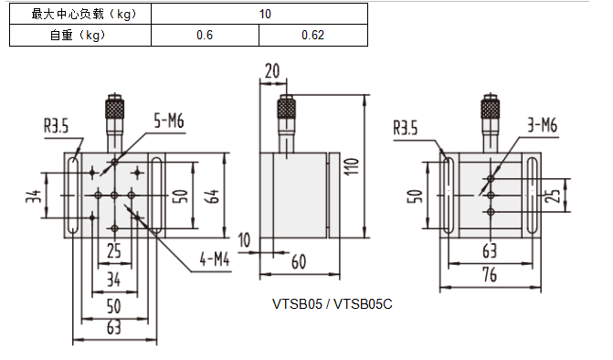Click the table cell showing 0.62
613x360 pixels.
click(312, 36)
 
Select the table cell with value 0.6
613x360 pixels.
click(205, 36)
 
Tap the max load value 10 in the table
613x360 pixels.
click(265, 14)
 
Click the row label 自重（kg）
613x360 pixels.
click(78, 36)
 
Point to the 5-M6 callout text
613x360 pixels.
click(169, 121)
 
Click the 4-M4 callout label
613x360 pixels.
click(215, 259)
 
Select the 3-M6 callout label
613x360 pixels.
click(543, 125)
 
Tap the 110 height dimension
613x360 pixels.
click(352, 166)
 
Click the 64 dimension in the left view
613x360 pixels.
click(213, 196)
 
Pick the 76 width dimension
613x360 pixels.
click(490, 275)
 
